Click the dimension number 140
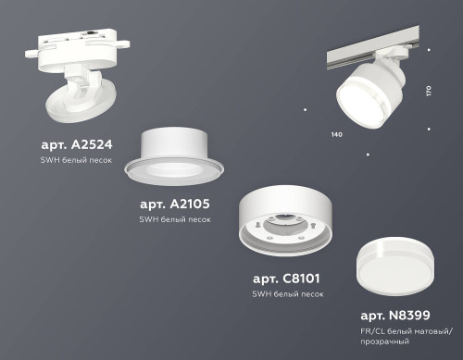337,135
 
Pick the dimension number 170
428,92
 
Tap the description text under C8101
289,293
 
